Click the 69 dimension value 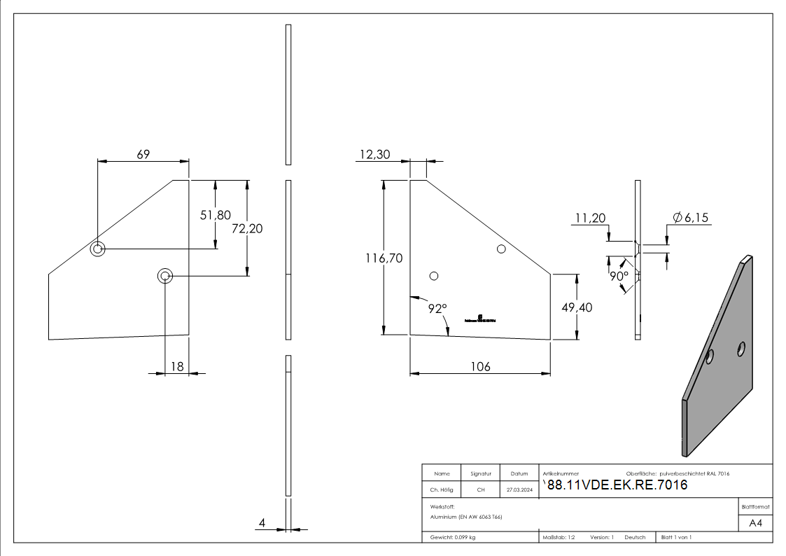143,154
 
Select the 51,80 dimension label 215,216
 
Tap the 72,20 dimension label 247,228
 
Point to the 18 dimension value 177,366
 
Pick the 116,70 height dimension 384,258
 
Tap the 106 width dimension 480,366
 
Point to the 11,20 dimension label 589,218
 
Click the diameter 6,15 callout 690,218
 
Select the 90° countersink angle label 618,276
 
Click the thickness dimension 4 262,522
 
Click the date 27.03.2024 519,489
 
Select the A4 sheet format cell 756,523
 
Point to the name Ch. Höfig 441,489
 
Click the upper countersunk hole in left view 97,249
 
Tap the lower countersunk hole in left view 165,276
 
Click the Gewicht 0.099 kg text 453,537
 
